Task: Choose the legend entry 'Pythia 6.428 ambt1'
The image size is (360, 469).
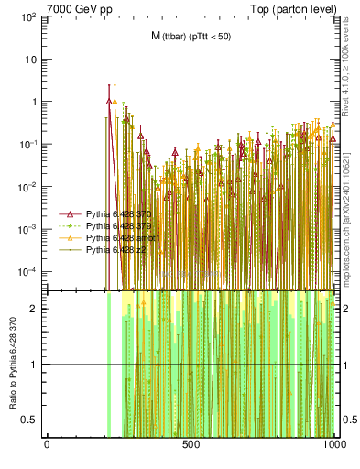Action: coord(119,237)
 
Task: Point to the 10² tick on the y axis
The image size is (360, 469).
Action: coord(27,17)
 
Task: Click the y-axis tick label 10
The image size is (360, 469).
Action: coord(31,60)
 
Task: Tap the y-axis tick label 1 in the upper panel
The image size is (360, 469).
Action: coord(35,103)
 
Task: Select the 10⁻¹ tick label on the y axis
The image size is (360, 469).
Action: coord(27,145)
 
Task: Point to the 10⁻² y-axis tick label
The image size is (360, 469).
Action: coord(27,187)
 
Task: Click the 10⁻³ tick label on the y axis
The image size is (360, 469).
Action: coord(27,229)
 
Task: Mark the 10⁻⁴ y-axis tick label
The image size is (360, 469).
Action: coord(27,272)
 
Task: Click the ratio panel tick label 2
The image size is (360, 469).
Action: coord(35,309)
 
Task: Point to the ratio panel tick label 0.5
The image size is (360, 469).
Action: coord(31,420)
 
